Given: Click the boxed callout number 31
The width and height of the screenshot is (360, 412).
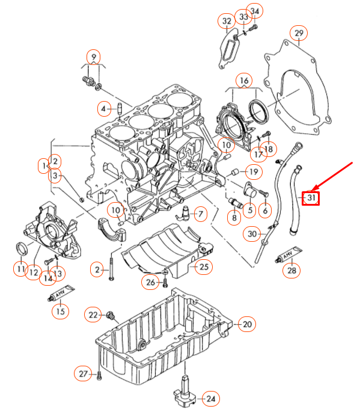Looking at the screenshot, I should click(311, 198).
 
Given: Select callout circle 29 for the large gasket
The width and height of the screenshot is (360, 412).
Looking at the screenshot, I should click(299, 34).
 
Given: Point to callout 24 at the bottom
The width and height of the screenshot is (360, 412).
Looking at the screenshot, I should click(210, 398).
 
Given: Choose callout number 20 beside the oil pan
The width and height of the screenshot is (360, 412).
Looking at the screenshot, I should click(246, 325).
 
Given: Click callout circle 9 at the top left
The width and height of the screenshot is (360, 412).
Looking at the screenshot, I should click(93, 57).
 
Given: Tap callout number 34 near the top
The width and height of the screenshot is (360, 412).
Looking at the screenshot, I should click(255, 11).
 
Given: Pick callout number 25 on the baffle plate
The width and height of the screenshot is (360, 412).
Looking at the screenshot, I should click(204, 266).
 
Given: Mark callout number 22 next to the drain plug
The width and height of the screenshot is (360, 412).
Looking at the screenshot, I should click(93, 314).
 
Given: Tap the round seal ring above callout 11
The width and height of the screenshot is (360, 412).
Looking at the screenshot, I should click(22, 248).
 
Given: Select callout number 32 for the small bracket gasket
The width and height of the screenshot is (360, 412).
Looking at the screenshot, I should click(226, 22).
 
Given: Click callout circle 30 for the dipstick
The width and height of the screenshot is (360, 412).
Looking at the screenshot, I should click(252, 233).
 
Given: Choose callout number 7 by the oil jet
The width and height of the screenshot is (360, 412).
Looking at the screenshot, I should click(199, 214).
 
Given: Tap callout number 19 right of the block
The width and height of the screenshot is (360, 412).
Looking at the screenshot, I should click(253, 173).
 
